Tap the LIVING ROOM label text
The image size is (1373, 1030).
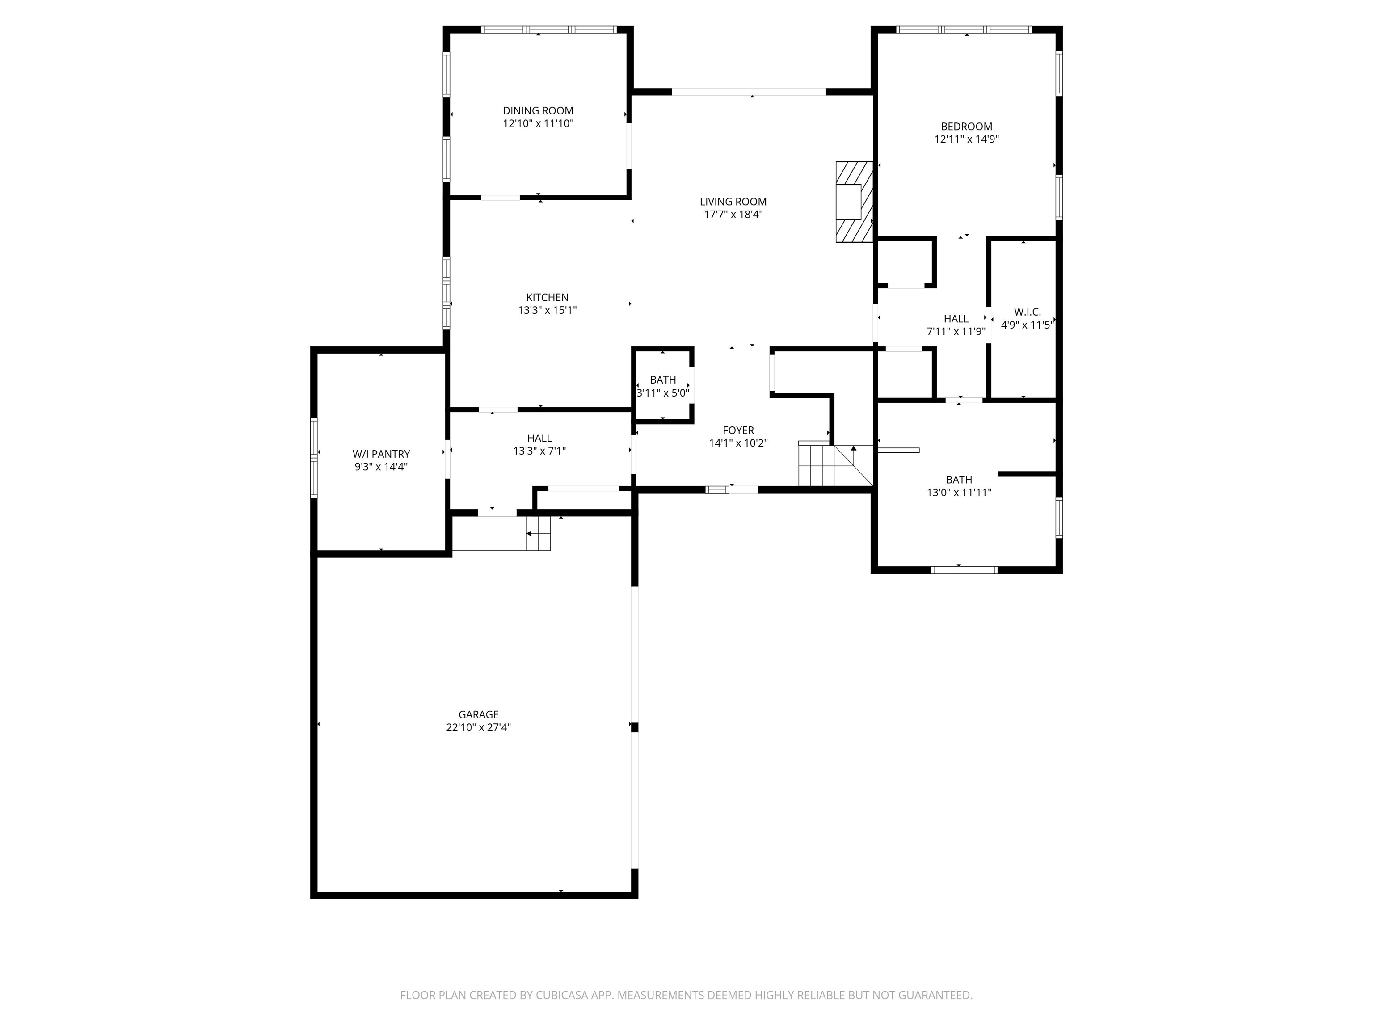[x=733, y=202]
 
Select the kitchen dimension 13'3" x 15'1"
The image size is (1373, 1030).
[x=548, y=310]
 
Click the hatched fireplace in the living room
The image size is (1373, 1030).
[x=854, y=202]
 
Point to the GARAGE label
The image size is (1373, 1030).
[x=479, y=714]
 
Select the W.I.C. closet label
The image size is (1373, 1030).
[x=1027, y=312]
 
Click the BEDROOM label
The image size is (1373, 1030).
[x=966, y=127]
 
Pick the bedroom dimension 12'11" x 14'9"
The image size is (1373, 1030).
[x=966, y=139]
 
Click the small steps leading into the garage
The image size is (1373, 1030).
[x=538, y=533]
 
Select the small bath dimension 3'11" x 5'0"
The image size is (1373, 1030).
[x=663, y=393]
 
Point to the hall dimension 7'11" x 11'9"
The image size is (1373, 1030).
[x=956, y=332]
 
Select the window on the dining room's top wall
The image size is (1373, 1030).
[x=549, y=29]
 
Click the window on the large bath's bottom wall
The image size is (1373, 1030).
[x=964, y=570]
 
